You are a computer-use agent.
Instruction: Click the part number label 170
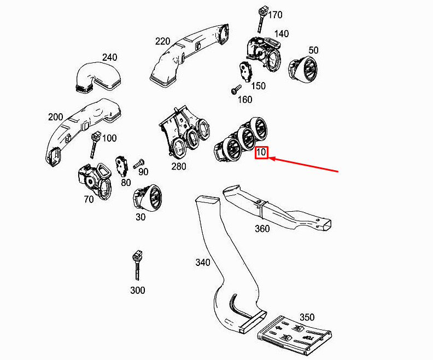pos(275,15)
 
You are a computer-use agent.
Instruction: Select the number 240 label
pos(109,57)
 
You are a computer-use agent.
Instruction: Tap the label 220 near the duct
pos(162,41)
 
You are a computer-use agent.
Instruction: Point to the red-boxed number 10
pos(261,153)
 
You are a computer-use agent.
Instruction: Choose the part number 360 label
pos(262,229)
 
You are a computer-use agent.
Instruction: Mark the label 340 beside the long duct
pos(202,263)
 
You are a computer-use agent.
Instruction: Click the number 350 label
pos(307,317)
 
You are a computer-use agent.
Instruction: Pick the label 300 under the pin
pos(138,290)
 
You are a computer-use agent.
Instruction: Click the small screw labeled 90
pos(138,162)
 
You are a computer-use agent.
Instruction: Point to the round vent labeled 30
pos(148,197)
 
